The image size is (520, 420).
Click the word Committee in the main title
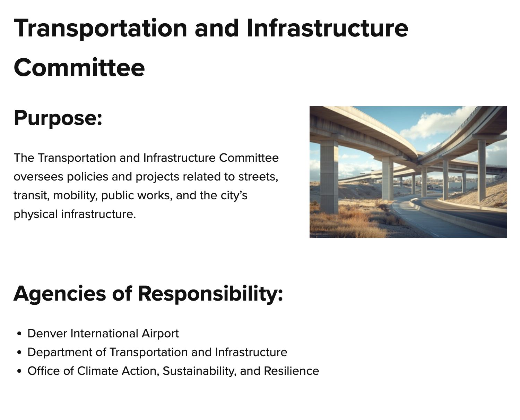[79, 67]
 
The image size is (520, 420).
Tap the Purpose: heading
[58, 118]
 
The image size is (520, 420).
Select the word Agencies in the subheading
[60, 293]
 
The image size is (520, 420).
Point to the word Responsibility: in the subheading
[210, 293]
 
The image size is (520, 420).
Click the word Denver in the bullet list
[47, 333]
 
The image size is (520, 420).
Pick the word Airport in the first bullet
[160, 333]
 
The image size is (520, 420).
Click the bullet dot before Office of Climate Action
[19, 371]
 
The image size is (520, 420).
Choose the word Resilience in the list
[291, 371]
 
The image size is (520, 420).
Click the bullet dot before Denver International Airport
[19, 334]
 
